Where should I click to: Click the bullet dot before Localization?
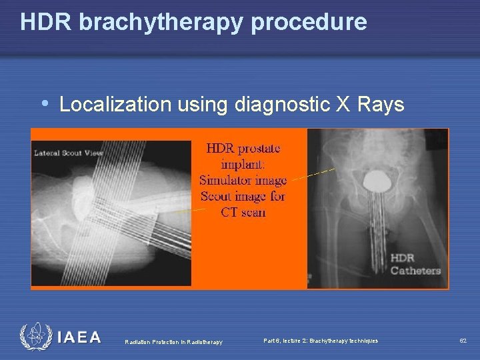click(45, 104)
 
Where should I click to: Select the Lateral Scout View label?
click(65, 153)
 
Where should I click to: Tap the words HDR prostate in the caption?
click(243, 147)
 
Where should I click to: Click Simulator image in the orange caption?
click(243, 180)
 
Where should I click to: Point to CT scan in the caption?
click(243, 213)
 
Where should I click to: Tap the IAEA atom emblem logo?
click(33, 336)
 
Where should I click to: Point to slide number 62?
click(462, 341)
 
